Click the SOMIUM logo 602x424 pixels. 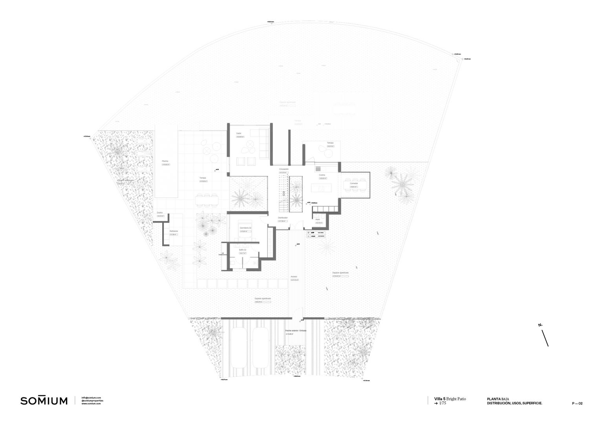pos(44,401)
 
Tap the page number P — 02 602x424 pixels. pos(577,403)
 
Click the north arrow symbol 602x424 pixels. pos(545,338)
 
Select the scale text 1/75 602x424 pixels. pos(443,403)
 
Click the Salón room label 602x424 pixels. pos(239,133)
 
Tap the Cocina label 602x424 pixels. pos(322,175)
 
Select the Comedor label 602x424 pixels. pos(354,183)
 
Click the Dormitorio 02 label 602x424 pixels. pos(245,228)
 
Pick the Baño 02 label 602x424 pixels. pos(242,250)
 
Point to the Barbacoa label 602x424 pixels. pos(174,231)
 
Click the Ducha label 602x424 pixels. pos(160,213)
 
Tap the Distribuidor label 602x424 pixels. pos(283,217)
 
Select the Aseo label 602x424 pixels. pos(318,220)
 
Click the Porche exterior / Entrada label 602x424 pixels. pos(296,331)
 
